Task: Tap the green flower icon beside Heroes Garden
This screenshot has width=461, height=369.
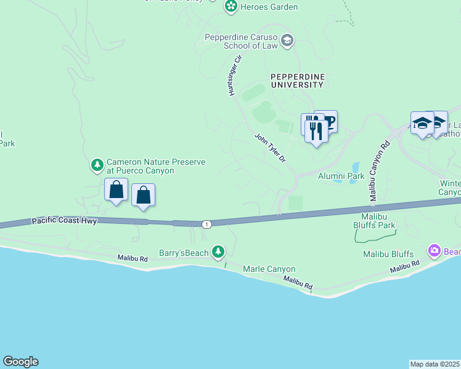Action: pos(230,7)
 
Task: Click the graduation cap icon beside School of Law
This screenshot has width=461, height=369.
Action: pos(287,41)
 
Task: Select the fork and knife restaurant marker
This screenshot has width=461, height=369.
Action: pos(316,131)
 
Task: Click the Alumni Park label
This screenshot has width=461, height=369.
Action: pos(341,176)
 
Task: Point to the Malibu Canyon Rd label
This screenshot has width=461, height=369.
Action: pos(379,172)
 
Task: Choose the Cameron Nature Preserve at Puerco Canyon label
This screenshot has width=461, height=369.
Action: pos(155,166)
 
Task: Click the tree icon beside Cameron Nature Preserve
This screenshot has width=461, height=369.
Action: pos(97,165)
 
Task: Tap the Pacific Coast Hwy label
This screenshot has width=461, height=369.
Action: pos(64,220)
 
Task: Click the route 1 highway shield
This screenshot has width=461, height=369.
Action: pos(206,224)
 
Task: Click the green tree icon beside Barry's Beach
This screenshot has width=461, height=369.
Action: pos(218,251)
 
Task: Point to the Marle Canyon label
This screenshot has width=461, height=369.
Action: pos(269,269)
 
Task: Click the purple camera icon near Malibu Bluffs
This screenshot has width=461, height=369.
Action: pos(434,250)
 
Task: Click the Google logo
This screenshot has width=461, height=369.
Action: pos(20,362)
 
